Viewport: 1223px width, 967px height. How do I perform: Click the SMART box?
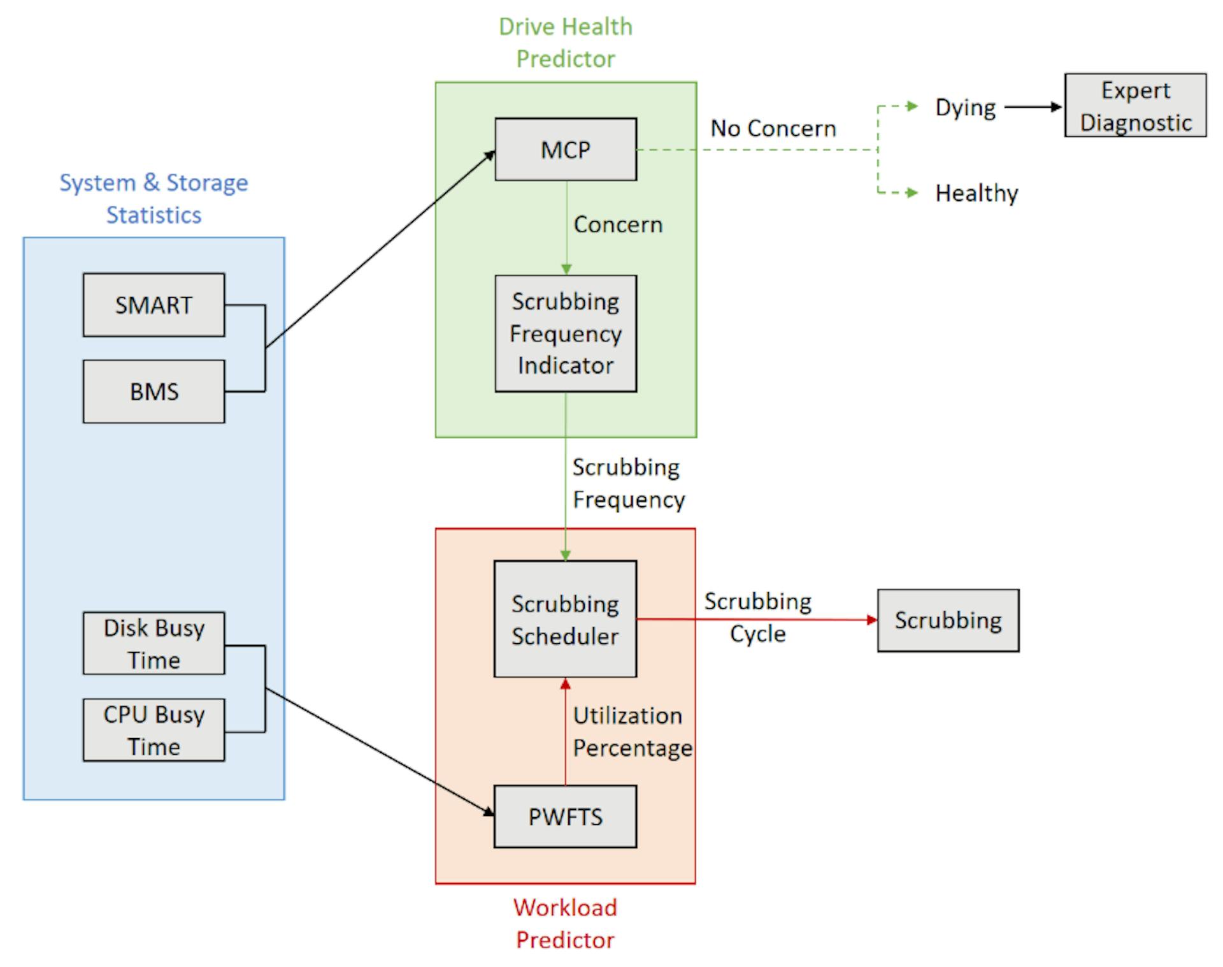pos(154,305)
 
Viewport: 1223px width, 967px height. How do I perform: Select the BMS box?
pos(154,391)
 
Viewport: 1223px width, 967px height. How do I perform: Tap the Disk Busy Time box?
pos(154,643)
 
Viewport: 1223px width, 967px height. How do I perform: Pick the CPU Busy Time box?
pos(154,730)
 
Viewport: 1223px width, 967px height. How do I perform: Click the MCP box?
pos(566,149)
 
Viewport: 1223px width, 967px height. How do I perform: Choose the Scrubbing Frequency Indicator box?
pos(566,333)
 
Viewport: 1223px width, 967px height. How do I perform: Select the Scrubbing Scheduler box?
pos(565,619)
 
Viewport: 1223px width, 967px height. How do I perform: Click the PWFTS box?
pos(565,817)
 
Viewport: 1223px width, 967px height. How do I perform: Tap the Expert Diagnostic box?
pos(1135,105)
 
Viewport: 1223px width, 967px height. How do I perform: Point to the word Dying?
pos(965,108)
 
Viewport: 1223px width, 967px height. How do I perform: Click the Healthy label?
pos(976,193)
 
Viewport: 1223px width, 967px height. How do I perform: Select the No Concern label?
pos(773,129)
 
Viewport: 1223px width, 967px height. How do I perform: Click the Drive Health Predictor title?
pos(566,43)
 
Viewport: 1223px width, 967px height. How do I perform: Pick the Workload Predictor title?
pos(566,924)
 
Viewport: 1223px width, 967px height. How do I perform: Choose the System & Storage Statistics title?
pos(154,199)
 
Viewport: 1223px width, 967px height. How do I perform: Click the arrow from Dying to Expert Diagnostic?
pos(1033,107)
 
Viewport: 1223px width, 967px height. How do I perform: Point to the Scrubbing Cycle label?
pos(757,618)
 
